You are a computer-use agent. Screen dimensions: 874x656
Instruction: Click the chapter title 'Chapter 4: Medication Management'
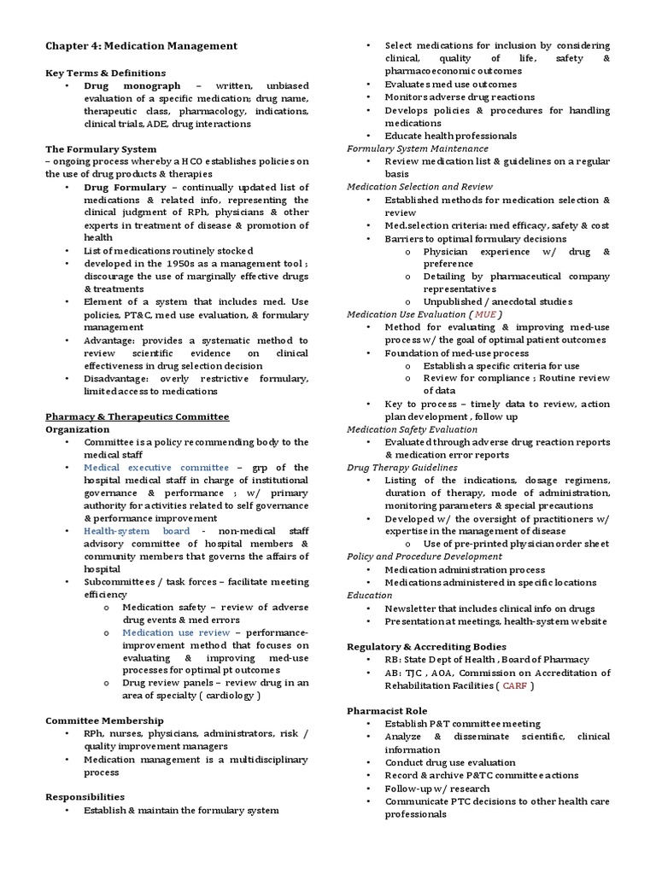coord(141,45)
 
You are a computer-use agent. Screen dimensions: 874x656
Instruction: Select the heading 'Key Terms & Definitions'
coord(105,73)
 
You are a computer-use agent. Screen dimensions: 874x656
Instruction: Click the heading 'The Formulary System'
coord(101,149)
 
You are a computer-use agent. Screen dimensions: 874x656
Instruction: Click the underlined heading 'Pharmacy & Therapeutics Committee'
coord(137,417)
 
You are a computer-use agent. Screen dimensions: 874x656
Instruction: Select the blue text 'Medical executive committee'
coord(156,468)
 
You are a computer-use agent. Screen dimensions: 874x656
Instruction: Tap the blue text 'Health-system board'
coord(137,531)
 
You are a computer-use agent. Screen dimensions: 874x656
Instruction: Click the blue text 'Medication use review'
coord(176,632)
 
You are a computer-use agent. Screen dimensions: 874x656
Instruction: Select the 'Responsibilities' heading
coord(85,796)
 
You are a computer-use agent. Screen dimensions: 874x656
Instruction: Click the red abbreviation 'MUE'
coord(485,314)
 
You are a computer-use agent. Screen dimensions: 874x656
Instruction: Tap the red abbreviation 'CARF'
coord(515,685)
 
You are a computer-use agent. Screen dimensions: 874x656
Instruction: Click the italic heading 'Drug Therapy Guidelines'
coord(401,468)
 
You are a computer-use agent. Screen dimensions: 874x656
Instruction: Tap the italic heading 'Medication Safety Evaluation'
coord(412,429)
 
